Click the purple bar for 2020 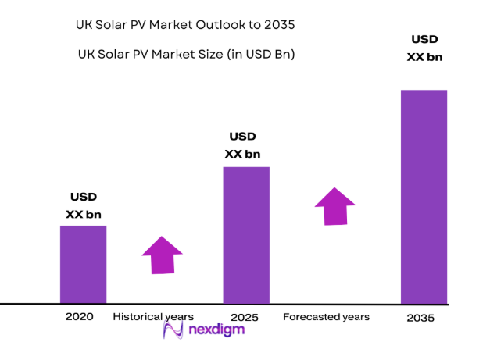(83, 264)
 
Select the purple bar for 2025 (246, 234)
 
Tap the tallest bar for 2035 (424, 196)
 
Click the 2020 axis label (80, 317)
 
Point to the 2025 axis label (245, 318)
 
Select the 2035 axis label (420, 319)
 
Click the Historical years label (153, 317)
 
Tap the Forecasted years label (326, 317)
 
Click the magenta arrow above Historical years (162, 255)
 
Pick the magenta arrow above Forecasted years (335, 206)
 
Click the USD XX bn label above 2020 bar (83, 205)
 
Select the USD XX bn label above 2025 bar (242, 145)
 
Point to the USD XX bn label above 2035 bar (424, 48)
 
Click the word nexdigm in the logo (216, 330)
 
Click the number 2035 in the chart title (278, 24)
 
